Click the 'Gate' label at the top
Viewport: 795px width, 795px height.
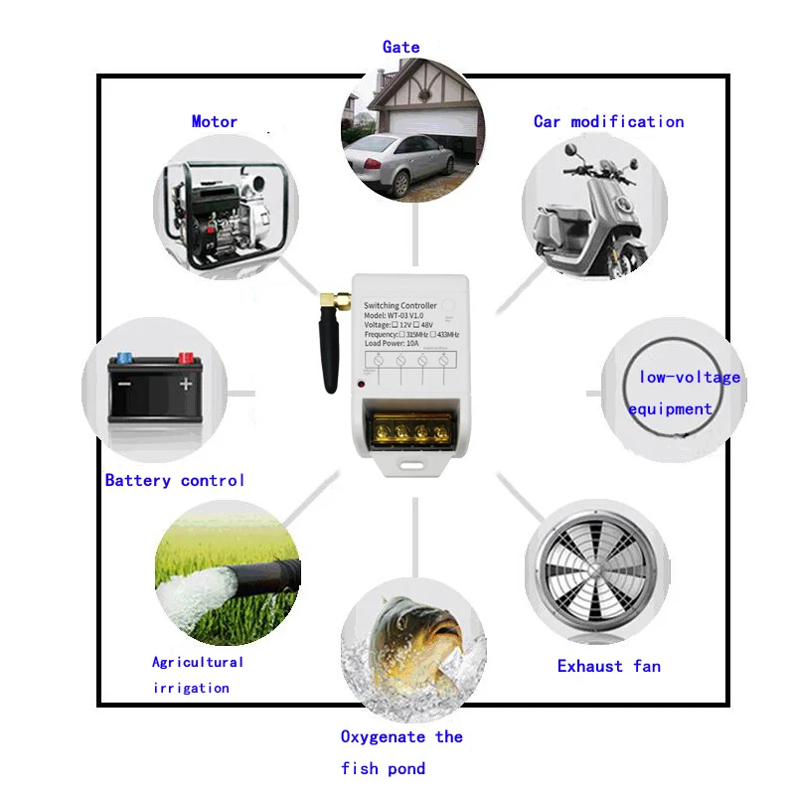(x=401, y=47)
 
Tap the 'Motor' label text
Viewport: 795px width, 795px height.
(x=215, y=121)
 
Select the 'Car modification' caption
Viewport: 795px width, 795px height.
(x=608, y=121)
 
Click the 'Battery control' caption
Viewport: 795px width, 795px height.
(x=175, y=480)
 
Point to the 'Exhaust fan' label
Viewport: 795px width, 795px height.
(x=608, y=666)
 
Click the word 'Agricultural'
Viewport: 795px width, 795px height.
(x=198, y=662)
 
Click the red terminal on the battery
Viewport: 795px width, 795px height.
(x=185, y=356)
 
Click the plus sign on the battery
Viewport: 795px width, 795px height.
(x=186, y=384)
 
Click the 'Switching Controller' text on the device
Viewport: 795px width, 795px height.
(x=400, y=306)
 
